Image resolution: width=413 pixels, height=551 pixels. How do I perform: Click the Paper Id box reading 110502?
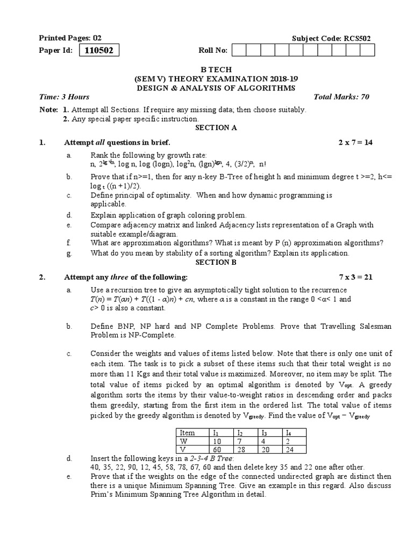[x=99, y=51]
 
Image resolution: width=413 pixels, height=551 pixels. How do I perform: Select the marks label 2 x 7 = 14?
[x=355, y=143]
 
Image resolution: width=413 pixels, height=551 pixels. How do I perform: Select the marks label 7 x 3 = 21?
[x=355, y=277]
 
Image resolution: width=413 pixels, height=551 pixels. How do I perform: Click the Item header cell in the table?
[x=188, y=432]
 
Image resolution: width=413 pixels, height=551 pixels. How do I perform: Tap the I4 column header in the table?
[x=288, y=432]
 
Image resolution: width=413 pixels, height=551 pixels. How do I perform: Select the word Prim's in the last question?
[x=102, y=494]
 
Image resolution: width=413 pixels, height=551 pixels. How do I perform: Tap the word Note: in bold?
[x=48, y=110]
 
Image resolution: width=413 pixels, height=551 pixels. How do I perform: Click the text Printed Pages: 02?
[x=70, y=38]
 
